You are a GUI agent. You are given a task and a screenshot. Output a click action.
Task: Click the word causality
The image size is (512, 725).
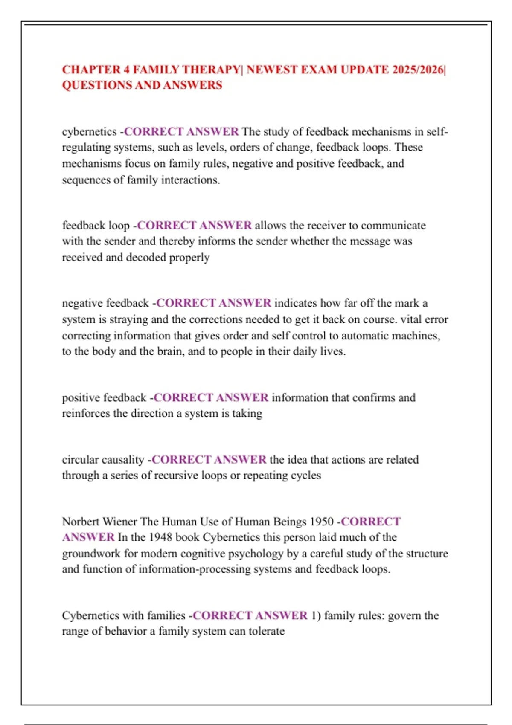click(123, 460)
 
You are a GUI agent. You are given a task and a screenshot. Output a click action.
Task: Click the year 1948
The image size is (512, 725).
click(161, 537)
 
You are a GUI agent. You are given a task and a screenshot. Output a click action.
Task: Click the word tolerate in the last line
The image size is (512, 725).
click(267, 631)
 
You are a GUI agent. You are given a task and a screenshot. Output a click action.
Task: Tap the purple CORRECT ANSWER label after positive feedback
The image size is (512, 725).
click(211, 397)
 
